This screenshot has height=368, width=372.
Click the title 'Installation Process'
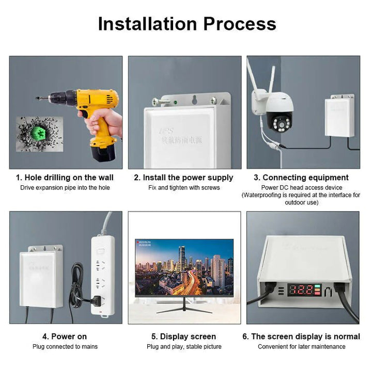(x=187, y=24)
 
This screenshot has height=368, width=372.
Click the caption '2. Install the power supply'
(x=183, y=178)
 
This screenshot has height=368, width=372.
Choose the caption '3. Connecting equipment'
(x=305, y=178)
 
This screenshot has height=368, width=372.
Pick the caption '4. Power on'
(x=65, y=337)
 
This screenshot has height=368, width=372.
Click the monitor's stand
(x=184, y=307)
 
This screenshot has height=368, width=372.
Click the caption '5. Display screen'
(x=184, y=337)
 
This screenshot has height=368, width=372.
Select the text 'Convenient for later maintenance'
(x=302, y=346)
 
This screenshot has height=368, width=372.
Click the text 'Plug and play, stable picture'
(x=184, y=346)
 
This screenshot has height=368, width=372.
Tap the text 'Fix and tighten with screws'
(x=184, y=187)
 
